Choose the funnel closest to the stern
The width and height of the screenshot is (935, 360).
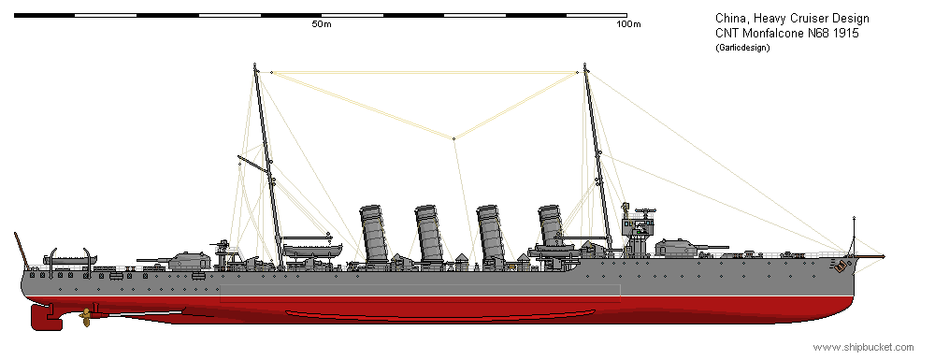pyautogui.click(x=374, y=234)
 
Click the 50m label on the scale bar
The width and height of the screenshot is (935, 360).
pyautogui.click(x=321, y=24)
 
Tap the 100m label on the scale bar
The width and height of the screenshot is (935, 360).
pyautogui.click(x=627, y=24)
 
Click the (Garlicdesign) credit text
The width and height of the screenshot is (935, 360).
pyautogui.click(x=741, y=47)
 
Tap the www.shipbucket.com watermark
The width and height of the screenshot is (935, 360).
pyautogui.click(x=861, y=347)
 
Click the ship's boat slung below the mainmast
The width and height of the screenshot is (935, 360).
pyautogui.click(x=312, y=249)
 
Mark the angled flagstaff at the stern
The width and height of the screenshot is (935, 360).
pyautogui.click(x=21, y=247)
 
